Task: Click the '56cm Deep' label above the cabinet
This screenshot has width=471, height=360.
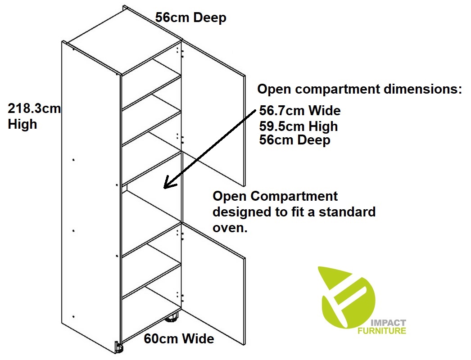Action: (190, 18)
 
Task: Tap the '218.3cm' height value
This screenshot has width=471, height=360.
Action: (34, 109)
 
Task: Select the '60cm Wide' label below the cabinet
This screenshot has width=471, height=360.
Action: (179, 338)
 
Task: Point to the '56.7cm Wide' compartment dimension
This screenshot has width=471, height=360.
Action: (300, 110)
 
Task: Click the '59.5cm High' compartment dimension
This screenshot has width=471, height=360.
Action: (299, 126)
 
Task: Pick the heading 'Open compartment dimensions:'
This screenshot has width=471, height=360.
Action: (359, 89)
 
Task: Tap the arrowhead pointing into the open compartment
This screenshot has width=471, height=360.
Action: (168, 184)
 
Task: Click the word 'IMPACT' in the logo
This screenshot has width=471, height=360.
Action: (389, 323)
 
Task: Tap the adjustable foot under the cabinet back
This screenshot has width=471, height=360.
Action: (172, 320)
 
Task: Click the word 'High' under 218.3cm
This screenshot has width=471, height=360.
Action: (23, 124)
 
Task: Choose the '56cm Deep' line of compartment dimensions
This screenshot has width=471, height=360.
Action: (294, 140)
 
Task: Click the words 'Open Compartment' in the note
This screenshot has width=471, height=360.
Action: (275, 197)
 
